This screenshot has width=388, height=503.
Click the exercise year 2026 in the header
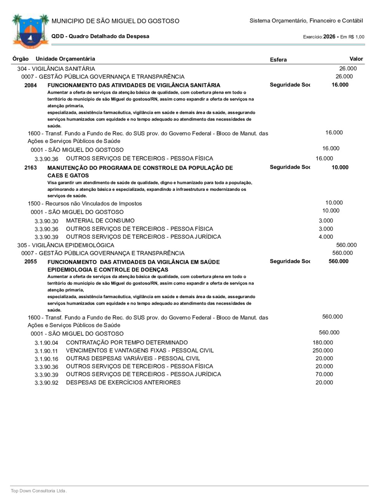click(x=329, y=37)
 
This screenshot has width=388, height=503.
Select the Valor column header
click(x=356, y=59)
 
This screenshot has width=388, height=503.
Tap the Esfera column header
click(x=278, y=60)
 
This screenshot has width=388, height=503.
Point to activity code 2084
click(x=31, y=85)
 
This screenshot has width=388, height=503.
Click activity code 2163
click(x=31, y=168)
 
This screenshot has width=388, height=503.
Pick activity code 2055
click(x=31, y=262)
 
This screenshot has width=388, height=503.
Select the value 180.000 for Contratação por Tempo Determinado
click(x=323, y=342)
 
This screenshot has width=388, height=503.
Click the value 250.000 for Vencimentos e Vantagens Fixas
click(x=323, y=351)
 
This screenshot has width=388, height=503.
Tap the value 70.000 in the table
click(x=324, y=374)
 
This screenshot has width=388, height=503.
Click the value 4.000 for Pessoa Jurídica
click(x=326, y=237)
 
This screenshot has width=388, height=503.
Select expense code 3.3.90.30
click(x=46, y=221)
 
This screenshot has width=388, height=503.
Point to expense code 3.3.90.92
click(x=46, y=383)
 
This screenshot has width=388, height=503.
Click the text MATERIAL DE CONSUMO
click(x=100, y=221)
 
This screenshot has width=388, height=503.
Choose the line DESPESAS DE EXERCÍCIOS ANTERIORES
click(x=123, y=382)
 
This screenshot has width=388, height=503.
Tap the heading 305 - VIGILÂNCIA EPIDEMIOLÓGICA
click(x=66, y=245)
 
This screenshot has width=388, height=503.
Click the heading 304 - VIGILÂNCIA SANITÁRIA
click(x=56, y=69)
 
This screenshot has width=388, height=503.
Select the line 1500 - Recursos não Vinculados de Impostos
click(x=85, y=204)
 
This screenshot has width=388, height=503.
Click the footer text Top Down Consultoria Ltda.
click(x=39, y=491)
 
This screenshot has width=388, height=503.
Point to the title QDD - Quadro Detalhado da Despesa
click(x=100, y=37)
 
